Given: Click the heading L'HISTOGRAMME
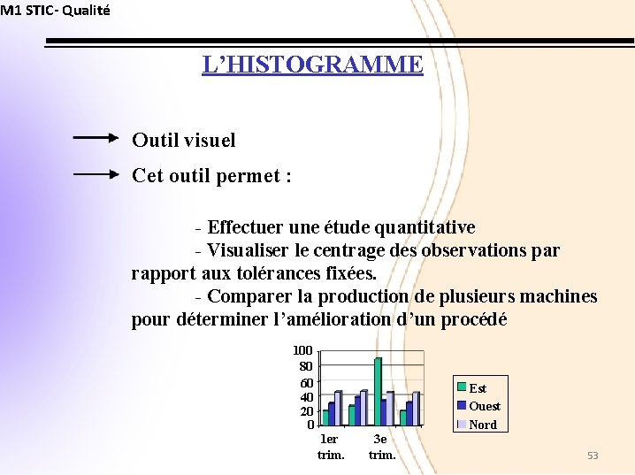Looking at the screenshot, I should (312, 65).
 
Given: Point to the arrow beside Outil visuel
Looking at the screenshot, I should (95, 138).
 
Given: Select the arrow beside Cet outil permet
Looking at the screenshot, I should (95, 174).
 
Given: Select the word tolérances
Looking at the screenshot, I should (267, 273).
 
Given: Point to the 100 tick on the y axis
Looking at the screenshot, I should (303, 351).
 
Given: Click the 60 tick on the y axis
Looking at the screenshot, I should (306, 382).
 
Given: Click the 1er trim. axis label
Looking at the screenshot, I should (330, 447).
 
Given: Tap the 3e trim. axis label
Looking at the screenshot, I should (381, 447).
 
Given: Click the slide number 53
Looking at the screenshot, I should (593, 456).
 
